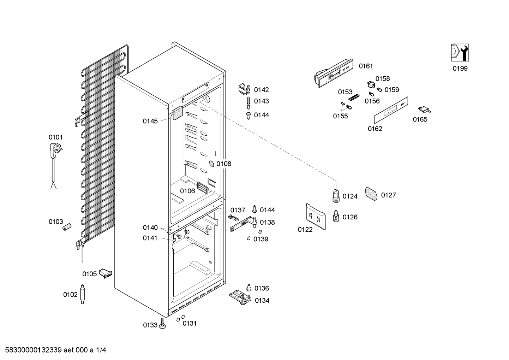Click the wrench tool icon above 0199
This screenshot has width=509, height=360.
(x=460, y=53)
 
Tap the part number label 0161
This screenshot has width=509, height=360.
(x=366, y=66)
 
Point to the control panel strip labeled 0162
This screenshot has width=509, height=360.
(x=391, y=110)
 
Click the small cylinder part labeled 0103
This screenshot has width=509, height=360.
(x=67, y=227)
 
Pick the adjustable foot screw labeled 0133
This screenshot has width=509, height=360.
(x=162, y=323)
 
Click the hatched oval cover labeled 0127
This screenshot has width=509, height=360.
(x=371, y=194)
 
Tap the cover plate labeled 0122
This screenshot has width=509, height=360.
(x=316, y=216)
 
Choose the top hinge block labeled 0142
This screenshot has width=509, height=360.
(x=244, y=89)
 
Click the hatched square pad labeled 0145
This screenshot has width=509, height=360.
(x=178, y=113)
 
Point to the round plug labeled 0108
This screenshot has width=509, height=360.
(x=211, y=164)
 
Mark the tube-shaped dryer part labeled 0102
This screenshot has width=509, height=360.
(x=82, y=294)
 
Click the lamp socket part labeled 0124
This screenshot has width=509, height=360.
(x=336, y=196)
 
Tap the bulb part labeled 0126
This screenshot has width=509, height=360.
(x=336, y=216)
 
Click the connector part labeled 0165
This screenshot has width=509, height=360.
(x=424, y=110)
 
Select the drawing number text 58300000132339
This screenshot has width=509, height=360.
(x=34, y=350)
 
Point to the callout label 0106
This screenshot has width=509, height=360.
(x=187, y=191)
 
